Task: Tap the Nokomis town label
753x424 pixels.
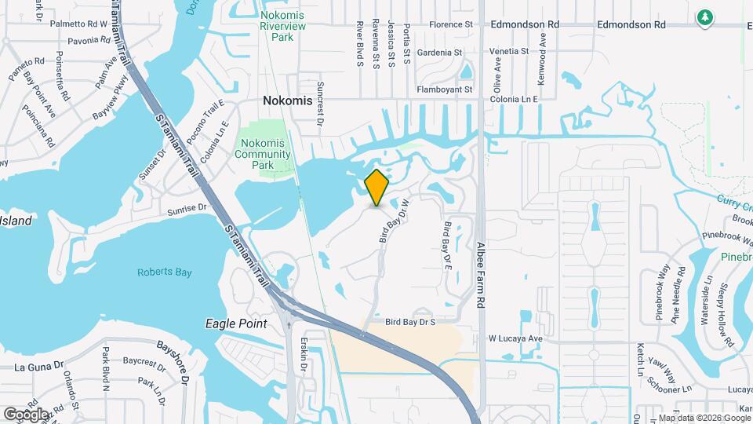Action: tap(287, 101)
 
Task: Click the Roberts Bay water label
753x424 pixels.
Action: tap(161, 272)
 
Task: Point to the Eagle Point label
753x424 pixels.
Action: tap(237, 323)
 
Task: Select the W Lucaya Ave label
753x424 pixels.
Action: tap(515, 338)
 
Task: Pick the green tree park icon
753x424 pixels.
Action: tap(705, 16)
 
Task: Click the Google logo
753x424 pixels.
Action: tap(26, 414)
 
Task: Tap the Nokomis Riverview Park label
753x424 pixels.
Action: tap(282, 31)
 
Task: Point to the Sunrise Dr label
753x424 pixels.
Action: tap(186, 210)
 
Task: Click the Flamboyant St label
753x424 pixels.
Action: tap(445, 90)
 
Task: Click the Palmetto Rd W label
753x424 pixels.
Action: tap(78, 24)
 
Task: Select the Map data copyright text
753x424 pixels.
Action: tap(702, 417)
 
